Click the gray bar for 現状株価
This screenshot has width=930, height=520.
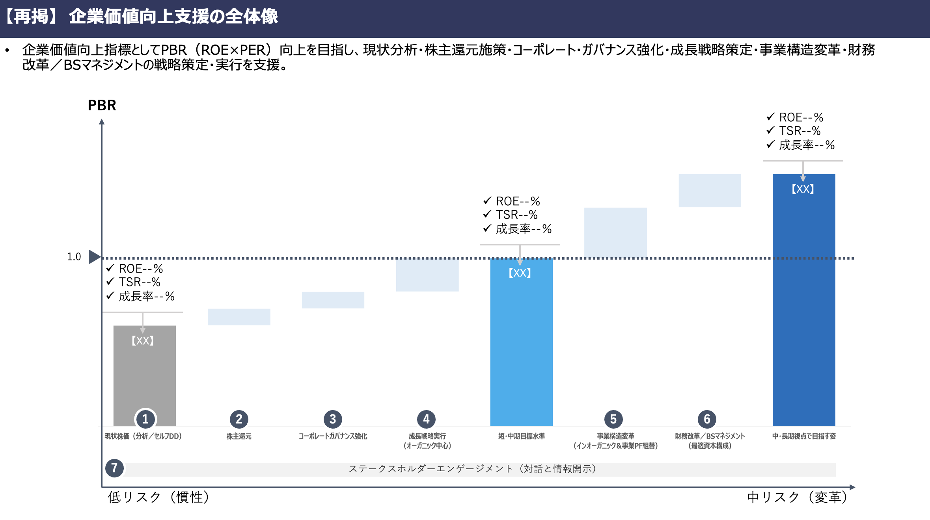click(x=145, y=375)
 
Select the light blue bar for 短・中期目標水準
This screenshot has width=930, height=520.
click(x=521, y=342)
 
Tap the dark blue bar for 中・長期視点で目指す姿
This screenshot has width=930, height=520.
click(x=804, y=300)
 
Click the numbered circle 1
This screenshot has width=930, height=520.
click(x=145, y=419)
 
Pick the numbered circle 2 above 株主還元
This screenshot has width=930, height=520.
click(x=239, y=419)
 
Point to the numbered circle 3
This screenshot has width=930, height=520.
click(x=333, y=419)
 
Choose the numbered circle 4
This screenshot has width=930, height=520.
click(x=426, y=419)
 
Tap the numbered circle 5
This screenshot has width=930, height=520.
click(x=613, y=419)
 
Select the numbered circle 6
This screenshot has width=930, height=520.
click(x=707, y=419)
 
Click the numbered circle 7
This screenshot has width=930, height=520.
click(x=114, y=468)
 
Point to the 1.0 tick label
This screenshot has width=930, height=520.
click(x=74, y=257)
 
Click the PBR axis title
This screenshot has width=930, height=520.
click(x=102, y=105)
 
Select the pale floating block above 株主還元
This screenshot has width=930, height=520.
click(x=239, y=317)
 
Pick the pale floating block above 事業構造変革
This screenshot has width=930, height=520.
click(x=615, y=233)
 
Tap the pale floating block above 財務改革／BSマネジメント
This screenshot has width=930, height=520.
click(x=710, y=191)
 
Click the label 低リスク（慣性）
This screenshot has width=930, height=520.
click(x=158, y=498)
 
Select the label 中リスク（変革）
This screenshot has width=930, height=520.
click(x=797, y=498)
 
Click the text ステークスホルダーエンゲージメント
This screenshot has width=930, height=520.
click(x=431, y=469)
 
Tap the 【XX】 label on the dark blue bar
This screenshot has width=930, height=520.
click(x=803, y=189)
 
